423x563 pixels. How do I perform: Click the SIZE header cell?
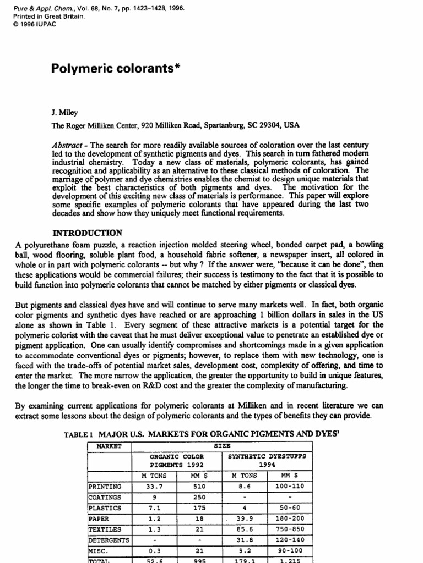click(x=224, y=445)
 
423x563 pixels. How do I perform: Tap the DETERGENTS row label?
click(x=109, y=539)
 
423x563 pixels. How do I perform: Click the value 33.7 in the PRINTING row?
click(x=154, y=486)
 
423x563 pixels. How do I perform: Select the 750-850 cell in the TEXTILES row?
click(x=289, y=529)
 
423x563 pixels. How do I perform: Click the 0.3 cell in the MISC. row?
click(x=154, y=550)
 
